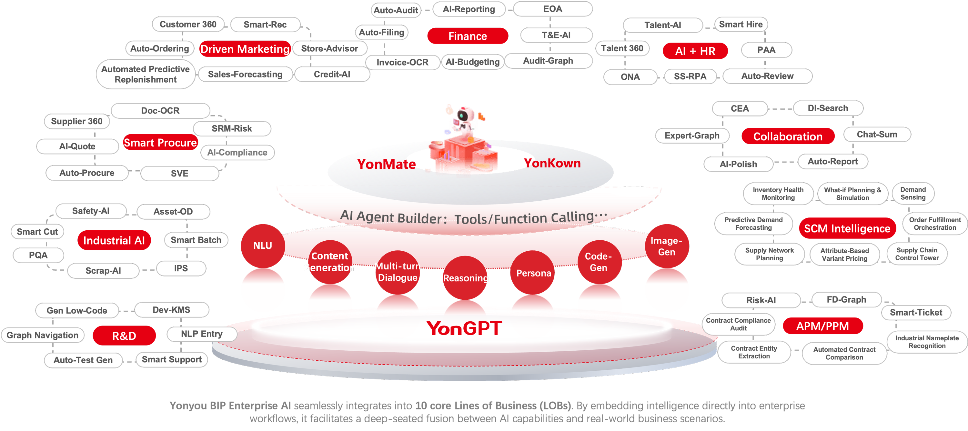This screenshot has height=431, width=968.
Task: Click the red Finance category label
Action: (x=468, y=36)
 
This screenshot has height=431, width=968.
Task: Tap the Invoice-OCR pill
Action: (x=402, y=62)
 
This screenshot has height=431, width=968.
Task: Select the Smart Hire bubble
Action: (x=741, y=25)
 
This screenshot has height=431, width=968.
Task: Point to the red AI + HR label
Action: (x=695, y=51)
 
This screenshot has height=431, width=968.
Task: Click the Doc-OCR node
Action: (x=160, y=110)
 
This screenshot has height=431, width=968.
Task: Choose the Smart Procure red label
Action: (x=160, y=143)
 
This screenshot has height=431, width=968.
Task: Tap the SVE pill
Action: (x=180, y=174)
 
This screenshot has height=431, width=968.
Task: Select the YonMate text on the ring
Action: (x=386, y=164)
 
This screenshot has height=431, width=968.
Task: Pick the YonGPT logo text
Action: (x=464, y=328)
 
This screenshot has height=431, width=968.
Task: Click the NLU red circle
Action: (x=262, y=246)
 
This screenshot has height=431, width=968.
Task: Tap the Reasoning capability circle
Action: (x=466, y=278)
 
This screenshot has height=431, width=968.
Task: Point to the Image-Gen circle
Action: (x=666, y=246)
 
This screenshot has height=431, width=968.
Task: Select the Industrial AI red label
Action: (x=114, y=240)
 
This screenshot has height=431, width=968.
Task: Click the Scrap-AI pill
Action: (x=103, y=271)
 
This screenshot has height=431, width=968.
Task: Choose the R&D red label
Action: (x=124, y=336)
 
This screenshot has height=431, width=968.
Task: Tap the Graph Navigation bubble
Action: (x=43, y=335)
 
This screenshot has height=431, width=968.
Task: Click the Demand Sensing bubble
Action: (x=913, y=194)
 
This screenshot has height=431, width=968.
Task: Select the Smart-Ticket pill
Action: (x=916, y=313)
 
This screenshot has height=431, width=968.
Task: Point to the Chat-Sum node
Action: (x=877, y=135)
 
